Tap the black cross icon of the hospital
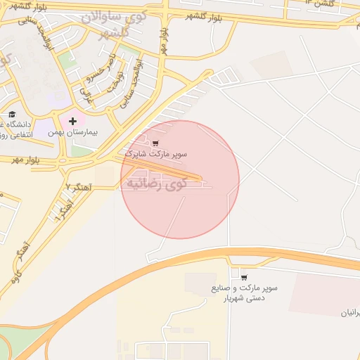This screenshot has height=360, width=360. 72,122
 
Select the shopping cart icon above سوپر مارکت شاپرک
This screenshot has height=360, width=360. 155,143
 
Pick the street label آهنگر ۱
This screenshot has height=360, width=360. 63,210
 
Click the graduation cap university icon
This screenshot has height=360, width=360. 11,113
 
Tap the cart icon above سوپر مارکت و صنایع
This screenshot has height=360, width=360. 244,278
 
